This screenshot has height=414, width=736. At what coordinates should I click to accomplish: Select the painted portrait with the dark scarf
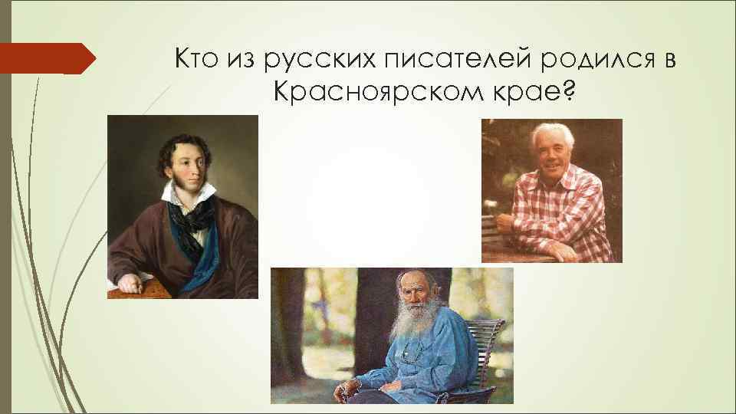(x=182, y=206)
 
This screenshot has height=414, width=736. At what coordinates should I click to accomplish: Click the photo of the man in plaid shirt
(x=551, y=191)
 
